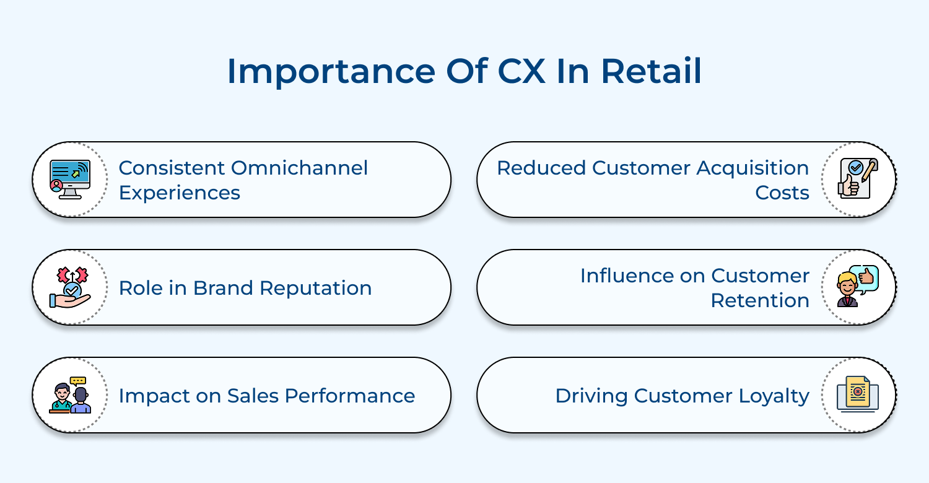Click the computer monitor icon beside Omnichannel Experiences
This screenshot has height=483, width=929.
tap(70, 180)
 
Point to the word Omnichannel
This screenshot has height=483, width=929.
tap(299, 168)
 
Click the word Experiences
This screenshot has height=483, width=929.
tap(179, 193)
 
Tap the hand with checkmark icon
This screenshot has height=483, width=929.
tap(70, 287)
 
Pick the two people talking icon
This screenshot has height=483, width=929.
tap(70, 395)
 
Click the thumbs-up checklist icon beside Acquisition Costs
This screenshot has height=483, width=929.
tap(858, 180)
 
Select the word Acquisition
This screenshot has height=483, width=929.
tap(752, 168)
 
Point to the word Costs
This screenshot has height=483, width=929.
tap(782, 193)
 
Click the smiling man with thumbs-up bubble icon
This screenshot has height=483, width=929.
tap(858, 287)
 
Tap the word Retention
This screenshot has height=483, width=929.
tap(759, 300)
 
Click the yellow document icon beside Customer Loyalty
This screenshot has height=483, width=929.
tap(858, 395)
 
